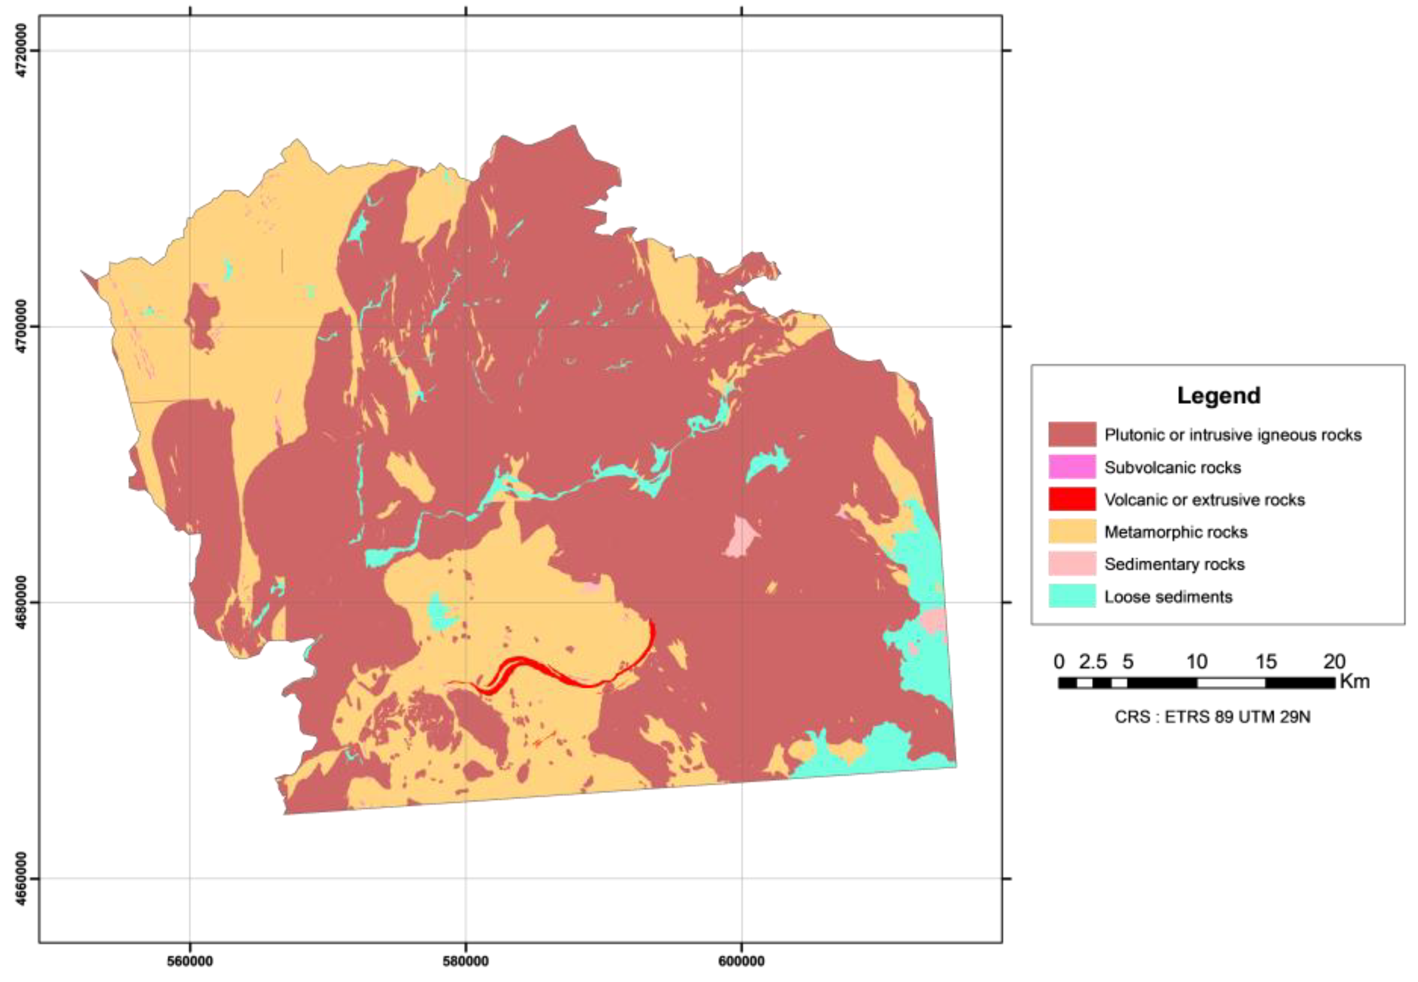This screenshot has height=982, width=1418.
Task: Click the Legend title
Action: [x=1218, y=395]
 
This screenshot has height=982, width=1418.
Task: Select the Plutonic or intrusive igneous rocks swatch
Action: [x=1072, y=434]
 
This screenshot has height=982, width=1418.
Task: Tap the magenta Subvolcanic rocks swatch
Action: [x=1072, y=467]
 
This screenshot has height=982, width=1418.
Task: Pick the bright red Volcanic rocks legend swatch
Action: [x=1072, y=499]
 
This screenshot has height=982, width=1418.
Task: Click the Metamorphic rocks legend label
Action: [x=1175, y=532]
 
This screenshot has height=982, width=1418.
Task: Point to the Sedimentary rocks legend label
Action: [x=1174, y=564]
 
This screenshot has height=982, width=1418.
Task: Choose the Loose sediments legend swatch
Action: [x=1072, y=596]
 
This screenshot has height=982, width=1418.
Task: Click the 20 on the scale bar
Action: [x=1334, y=661]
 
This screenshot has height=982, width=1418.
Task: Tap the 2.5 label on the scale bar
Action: [x=1092, y=661]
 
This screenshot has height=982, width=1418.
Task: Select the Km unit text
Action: [x=1354, y=681]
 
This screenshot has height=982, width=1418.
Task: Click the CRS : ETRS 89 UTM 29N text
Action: [x=1212, y=717]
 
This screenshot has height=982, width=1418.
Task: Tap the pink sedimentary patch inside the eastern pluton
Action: [x=741, y=537]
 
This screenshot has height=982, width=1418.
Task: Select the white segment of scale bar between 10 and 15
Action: [x=1230, y=682]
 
